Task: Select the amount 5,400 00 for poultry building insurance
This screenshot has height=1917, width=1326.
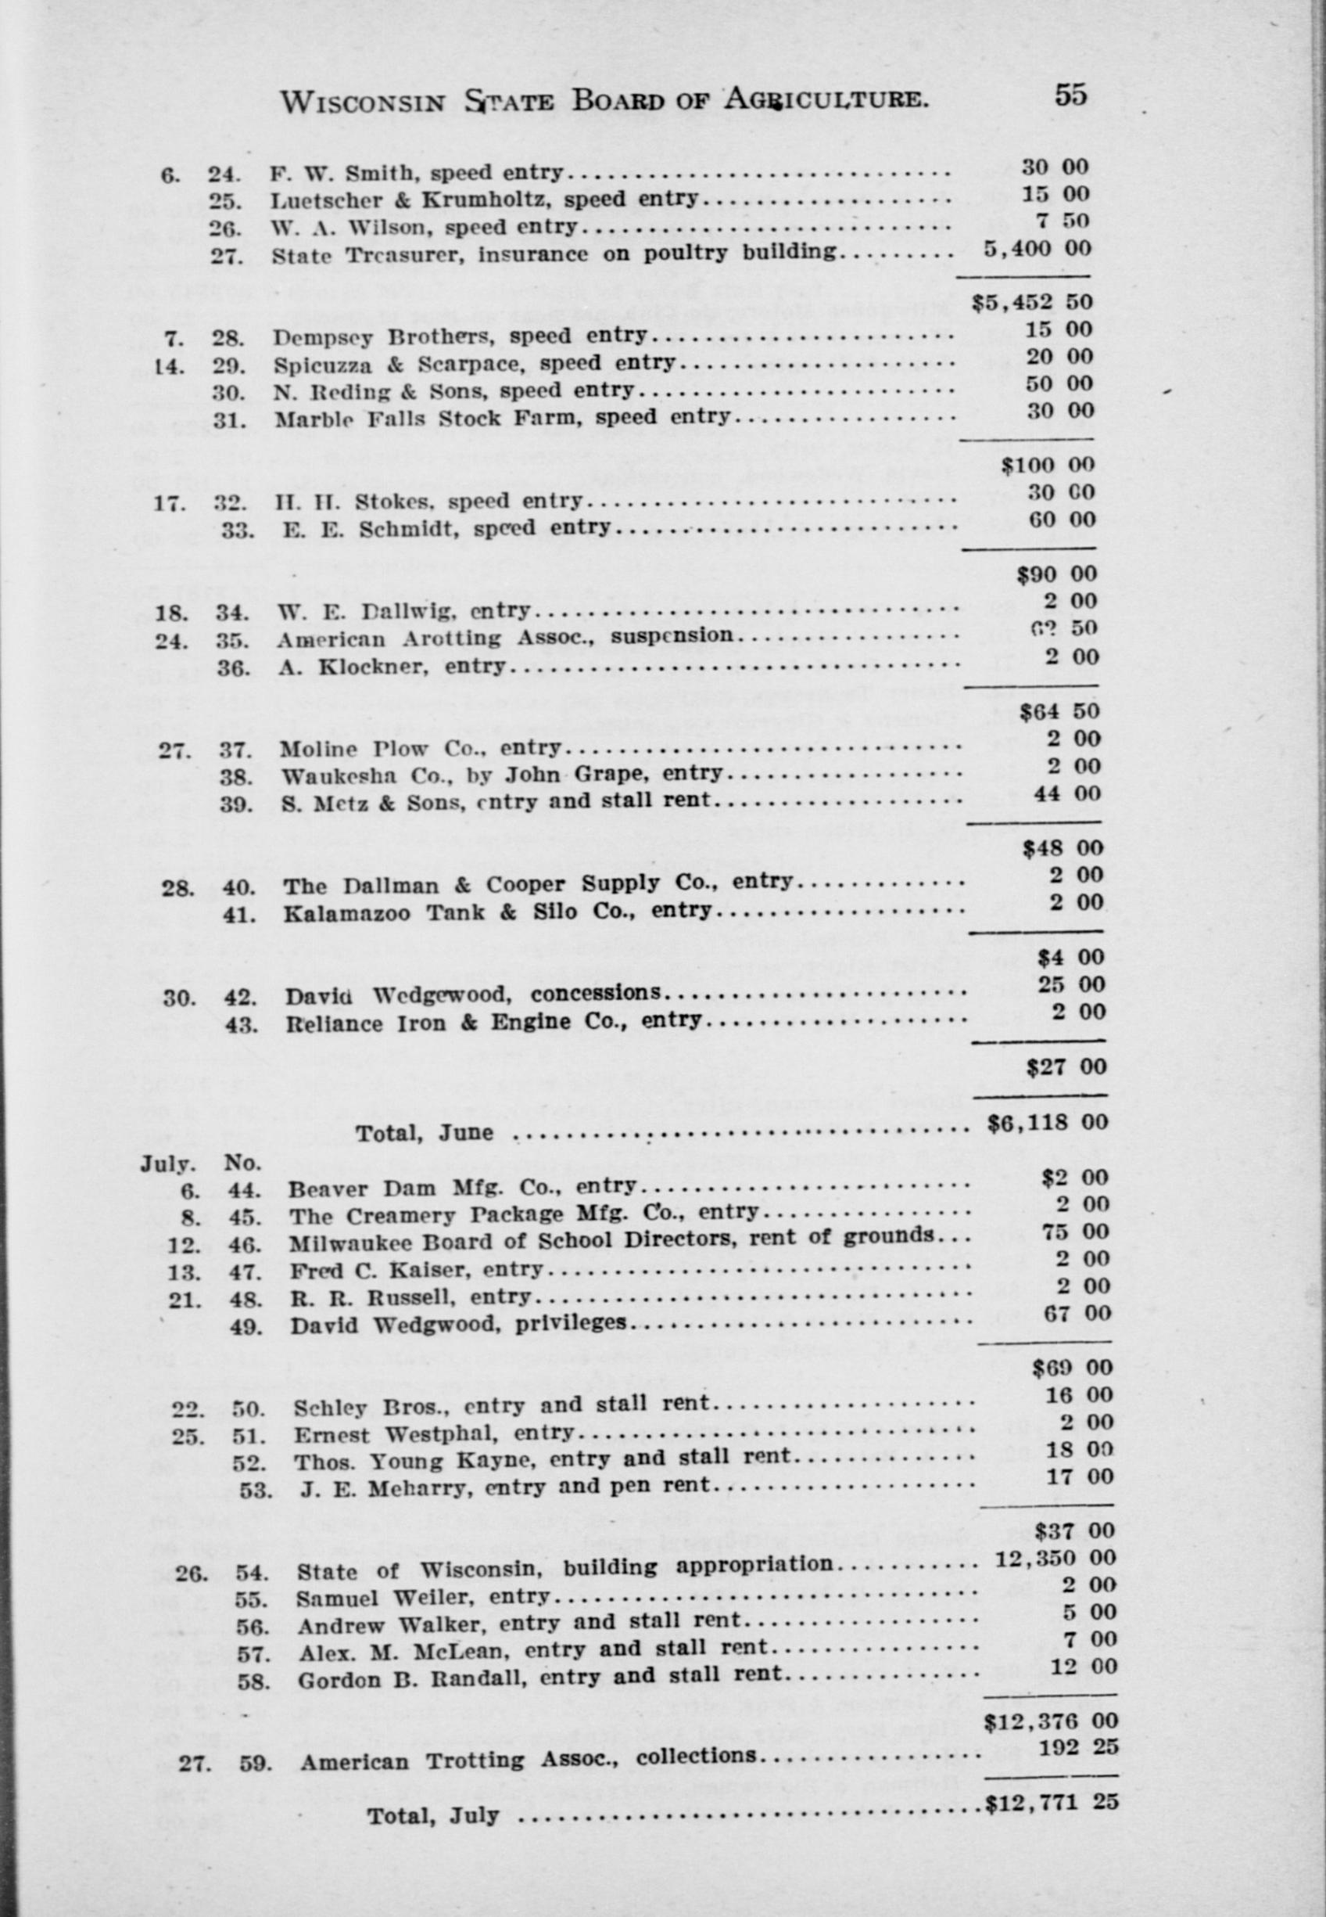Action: pos(1036,248)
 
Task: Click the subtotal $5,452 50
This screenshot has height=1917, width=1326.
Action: pos(1033,302)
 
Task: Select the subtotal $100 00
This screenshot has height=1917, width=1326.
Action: pos(1048,465)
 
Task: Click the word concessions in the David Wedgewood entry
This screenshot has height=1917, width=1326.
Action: pos(596,994)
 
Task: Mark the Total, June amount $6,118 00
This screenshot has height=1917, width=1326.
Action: pos(1048,1122)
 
